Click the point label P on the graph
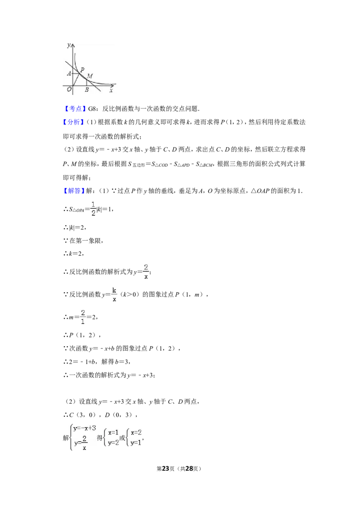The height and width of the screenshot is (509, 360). click(x=82, y=69)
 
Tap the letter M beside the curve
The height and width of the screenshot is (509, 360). click(x=90, y=76)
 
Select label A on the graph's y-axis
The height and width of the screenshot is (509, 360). click(x=69, y=73)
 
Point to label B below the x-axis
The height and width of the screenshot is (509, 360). click(x=87, y=89)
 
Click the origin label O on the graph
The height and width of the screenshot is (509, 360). click(x=69, y=89)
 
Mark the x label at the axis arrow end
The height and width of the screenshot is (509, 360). click(x=111, y=90)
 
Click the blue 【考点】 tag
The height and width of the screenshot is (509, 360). click(x=74, y=109)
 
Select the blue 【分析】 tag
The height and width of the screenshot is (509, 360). click(x=74, y=122)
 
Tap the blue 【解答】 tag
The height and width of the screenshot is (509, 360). click(x=74, y=191)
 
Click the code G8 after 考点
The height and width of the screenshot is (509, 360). click(x=92, y=109)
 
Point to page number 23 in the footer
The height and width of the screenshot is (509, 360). click(x=166, y=469)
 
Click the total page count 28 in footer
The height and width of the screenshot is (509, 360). click(x=189, y=469)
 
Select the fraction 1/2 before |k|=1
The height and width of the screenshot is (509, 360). click(x=93, y=209)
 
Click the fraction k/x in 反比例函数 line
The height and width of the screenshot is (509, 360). click(x=114, y=294)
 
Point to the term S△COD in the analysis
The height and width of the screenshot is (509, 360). click(x=160, y=164)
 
